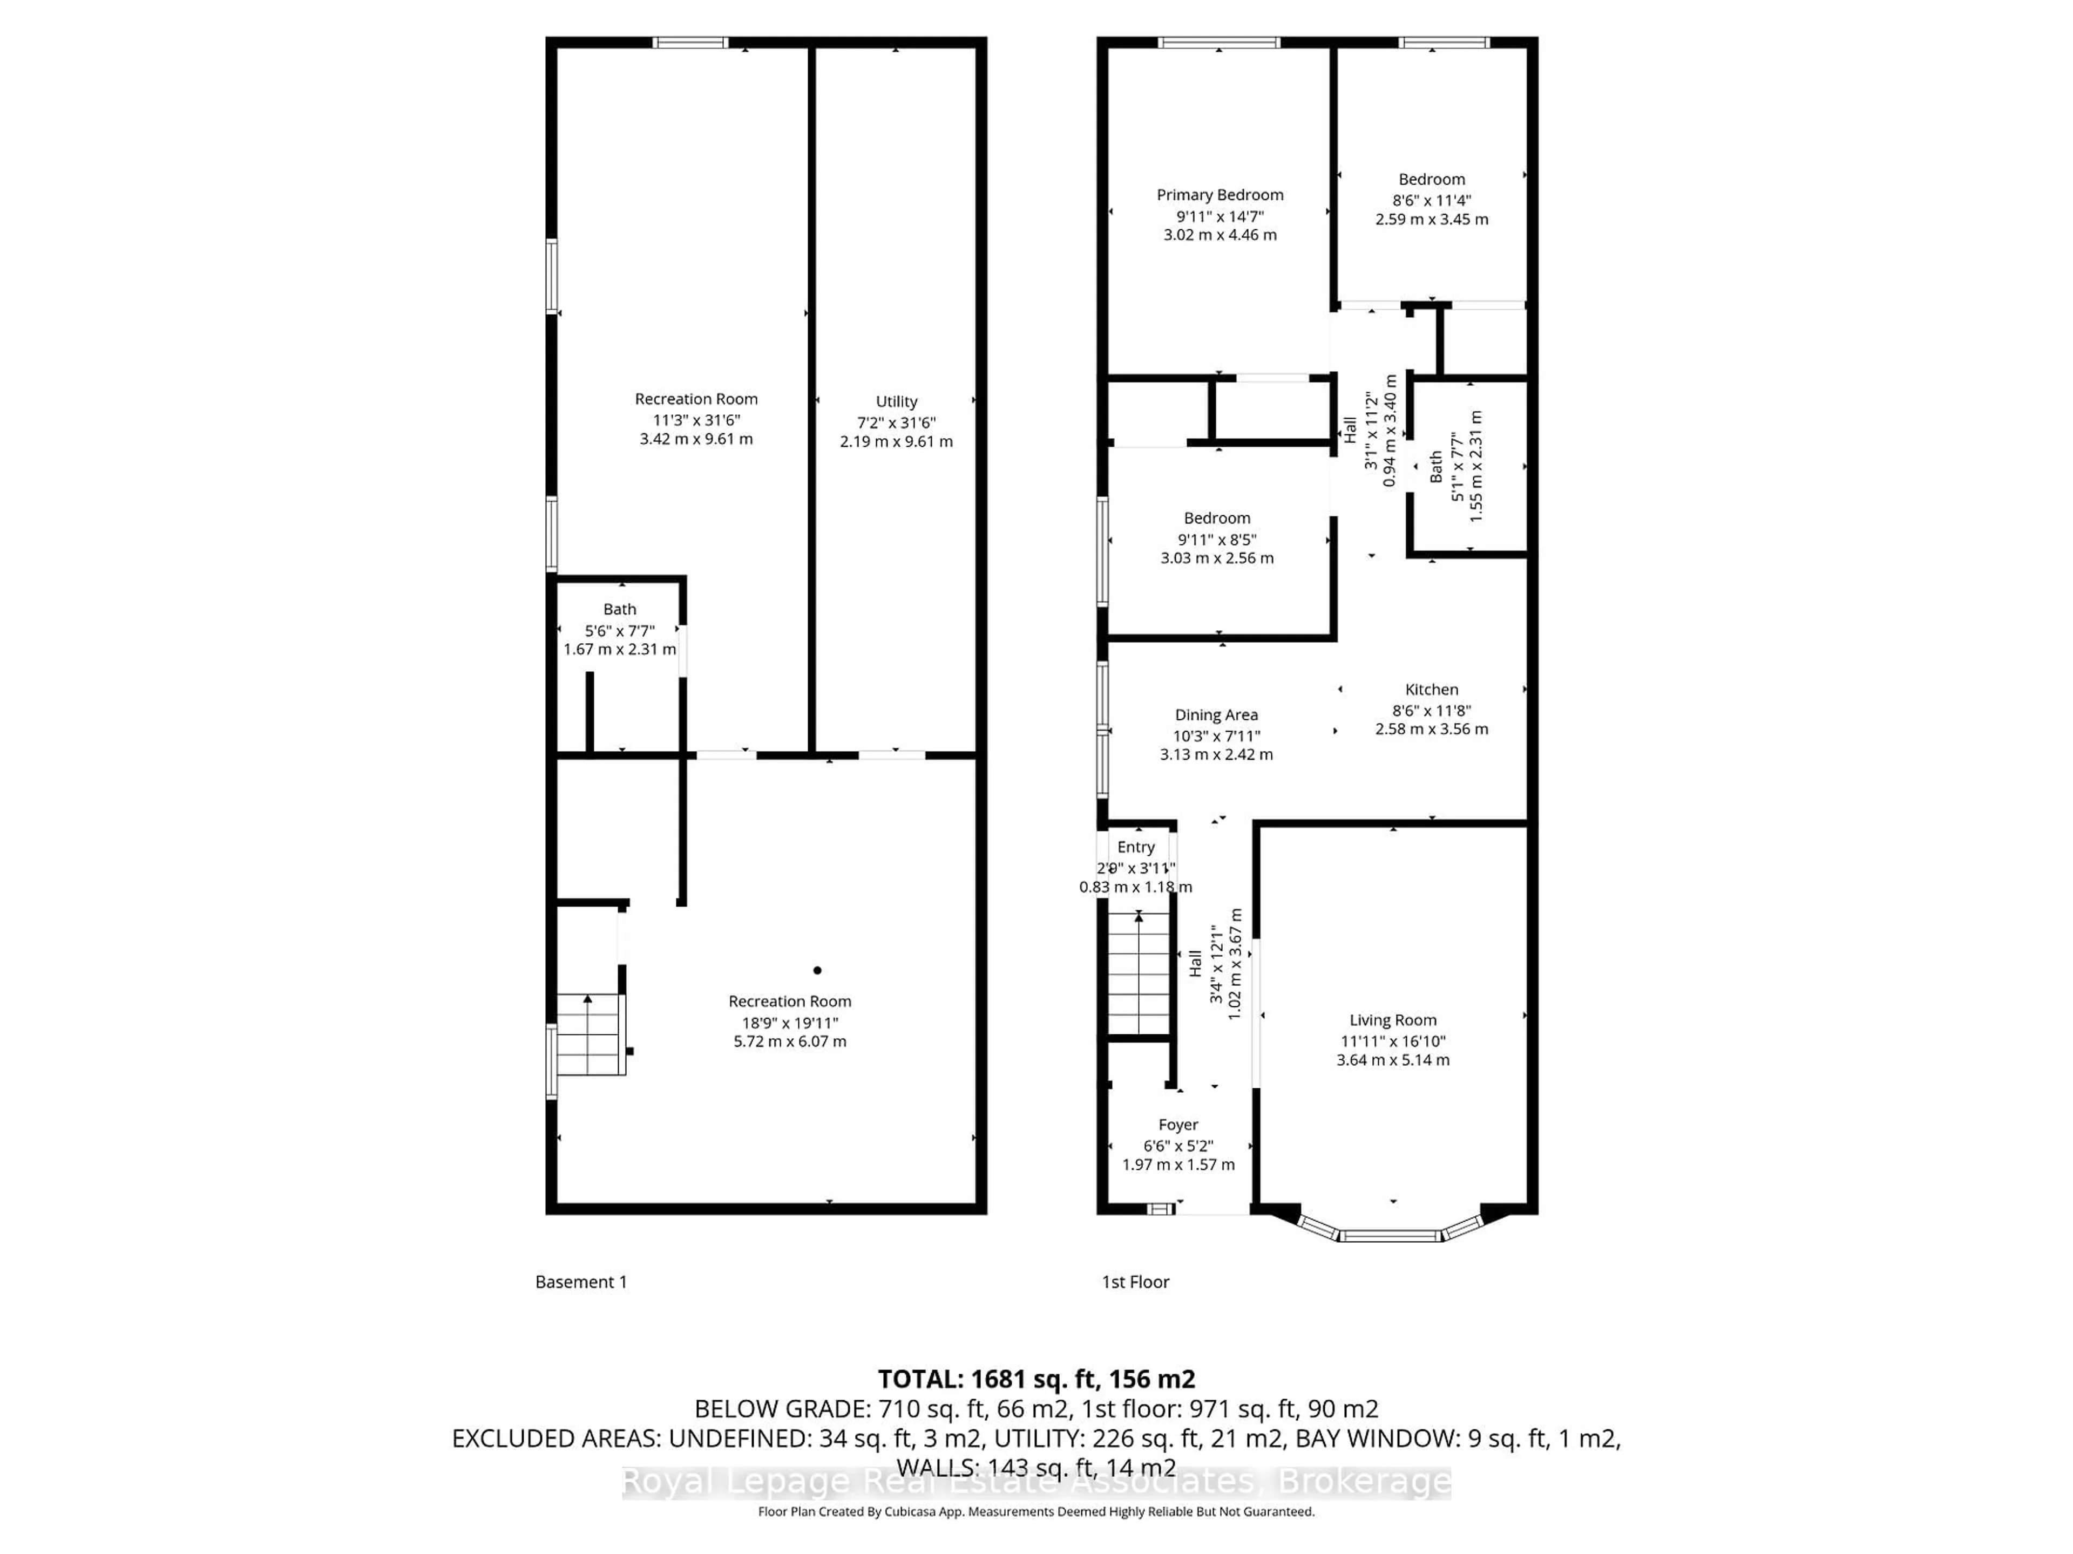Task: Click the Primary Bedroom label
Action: pyautogui.click(x=1220, y=195)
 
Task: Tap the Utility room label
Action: pyautogui.click(x=896, y=401)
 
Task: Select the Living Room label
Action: pyautogui.click(x=1393, y=1020)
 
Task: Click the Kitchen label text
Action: pyautogui.click(x=1431, y=690)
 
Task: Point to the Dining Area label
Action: pyautogui.click(x=1216, y=715)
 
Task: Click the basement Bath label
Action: pyautogui.click(x=619, y=609)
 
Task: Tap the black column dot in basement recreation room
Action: pyautogui.click(x=817, y=970)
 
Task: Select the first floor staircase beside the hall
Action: pyautogui.click(x=1139, y=974)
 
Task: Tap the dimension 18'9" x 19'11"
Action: pyautogui.click(x=789, y=1023)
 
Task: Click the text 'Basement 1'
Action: pyautogui.click(x=581, y=1282)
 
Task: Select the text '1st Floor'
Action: pyautogui.click(x=1135, y=1282)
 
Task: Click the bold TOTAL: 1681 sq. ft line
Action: pyautogui.click(x=1035, y=1379)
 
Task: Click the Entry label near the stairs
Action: pyautogui.click(x=1136, y=847)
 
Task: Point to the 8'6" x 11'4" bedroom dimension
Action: pyautogui.click(x=1431, y=200)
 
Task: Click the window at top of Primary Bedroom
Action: pyautogui.click(x=1218, y=42)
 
